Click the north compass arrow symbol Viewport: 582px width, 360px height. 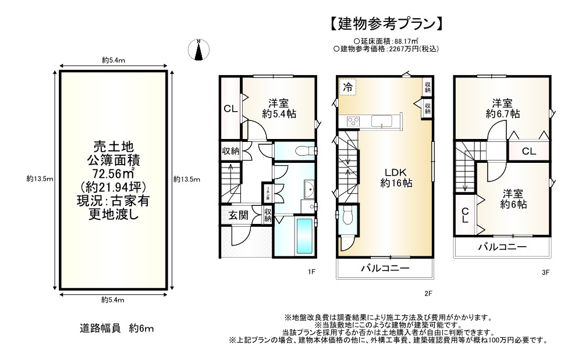[x=199, y=51]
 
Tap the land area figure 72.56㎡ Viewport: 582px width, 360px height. [x=113, y=173]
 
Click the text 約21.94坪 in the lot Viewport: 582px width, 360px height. [x=113, y=187]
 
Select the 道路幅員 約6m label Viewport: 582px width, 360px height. [x=116, y=329]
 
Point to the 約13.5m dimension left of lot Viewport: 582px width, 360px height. [x=40, y=179]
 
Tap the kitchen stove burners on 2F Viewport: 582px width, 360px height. [x=354, y=121]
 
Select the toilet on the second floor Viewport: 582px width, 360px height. [x=348, y=217]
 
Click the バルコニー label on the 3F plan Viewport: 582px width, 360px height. [x=502, y=247]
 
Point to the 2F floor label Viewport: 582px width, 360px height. [x=428, y=294]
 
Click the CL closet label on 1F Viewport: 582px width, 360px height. [x=230, y=109]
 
